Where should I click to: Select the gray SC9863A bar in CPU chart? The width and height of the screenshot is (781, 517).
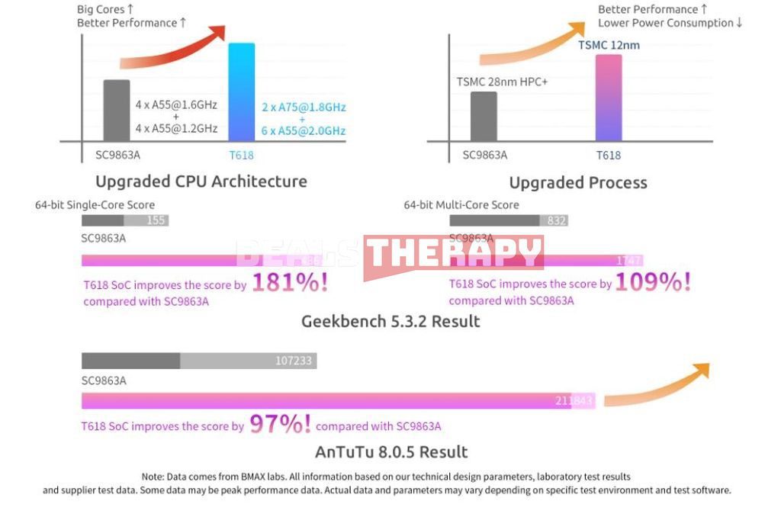click(x=117, y=110)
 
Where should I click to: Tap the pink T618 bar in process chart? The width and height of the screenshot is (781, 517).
click(x=608, y=98)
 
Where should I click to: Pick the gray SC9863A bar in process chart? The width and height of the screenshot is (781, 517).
click(x=484, y=116)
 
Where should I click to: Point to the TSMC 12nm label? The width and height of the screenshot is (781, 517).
click(x=609, y=45)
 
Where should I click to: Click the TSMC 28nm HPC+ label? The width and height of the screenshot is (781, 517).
click(x=502, y=81)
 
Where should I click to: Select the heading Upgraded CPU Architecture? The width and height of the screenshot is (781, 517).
click(x=201, y=181)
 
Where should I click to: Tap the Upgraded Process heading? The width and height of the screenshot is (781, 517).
click(x=578, y=183)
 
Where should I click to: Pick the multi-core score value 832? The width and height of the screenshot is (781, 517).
click(x=557, y=220)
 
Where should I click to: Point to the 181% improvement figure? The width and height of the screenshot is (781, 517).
click(x=290, y=284)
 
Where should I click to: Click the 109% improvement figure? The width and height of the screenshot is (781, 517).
click(x=653, y=284)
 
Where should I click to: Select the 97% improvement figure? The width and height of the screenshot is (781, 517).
click(x=280, y=425)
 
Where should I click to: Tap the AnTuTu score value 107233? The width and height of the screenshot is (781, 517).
click(x=294, y=361)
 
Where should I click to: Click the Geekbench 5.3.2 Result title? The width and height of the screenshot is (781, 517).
click(x=390, y=321)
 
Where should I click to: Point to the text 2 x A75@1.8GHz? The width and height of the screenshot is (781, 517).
click(x=303, y=108)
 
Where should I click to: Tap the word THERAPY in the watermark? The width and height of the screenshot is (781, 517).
click(x=454, y=253)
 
